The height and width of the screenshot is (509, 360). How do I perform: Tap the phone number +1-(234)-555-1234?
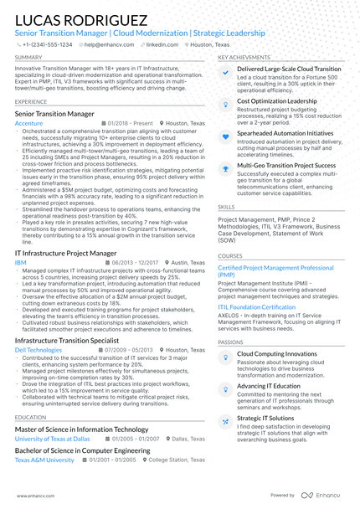[48, 44]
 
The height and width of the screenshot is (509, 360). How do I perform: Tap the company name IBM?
[20, 263]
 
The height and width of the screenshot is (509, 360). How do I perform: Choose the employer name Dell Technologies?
[39, 350]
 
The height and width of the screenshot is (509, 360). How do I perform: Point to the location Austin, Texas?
[184, 263]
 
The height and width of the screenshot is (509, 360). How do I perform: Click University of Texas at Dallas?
[53, 439]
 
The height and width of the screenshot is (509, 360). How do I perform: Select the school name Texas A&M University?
[44, 460]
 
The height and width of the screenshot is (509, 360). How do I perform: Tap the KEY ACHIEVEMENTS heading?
[244, 57]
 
